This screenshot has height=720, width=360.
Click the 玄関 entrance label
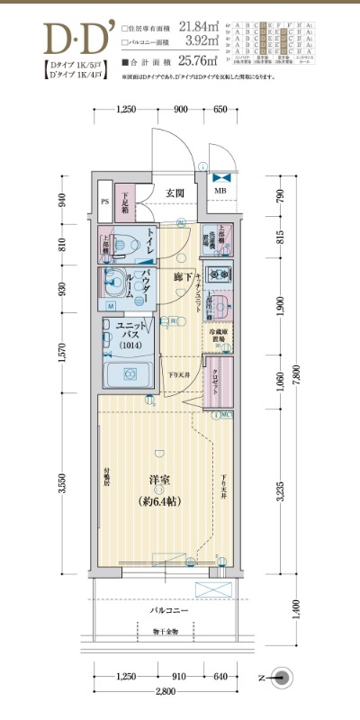(175, 193)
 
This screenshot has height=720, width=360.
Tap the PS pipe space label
(105, 202)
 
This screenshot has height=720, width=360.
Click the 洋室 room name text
(160, 480)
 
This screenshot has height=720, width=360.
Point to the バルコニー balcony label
(168, 611)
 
